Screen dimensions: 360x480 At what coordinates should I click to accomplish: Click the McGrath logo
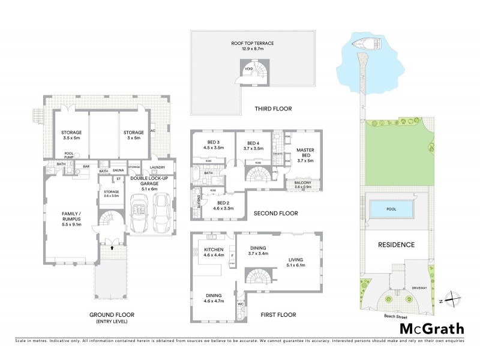tap(432, 328)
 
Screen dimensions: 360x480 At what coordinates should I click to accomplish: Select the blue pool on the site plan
tap(391, 209)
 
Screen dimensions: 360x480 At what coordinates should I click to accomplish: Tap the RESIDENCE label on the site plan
tap(395, 245)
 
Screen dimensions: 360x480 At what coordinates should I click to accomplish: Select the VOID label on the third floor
tap(250, 70)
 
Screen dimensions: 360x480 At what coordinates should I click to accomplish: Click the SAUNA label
tap(118, 170)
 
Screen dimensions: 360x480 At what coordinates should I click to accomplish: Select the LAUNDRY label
tap(158, 167)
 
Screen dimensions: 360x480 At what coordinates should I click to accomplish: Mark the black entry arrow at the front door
tap(113, 245)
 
